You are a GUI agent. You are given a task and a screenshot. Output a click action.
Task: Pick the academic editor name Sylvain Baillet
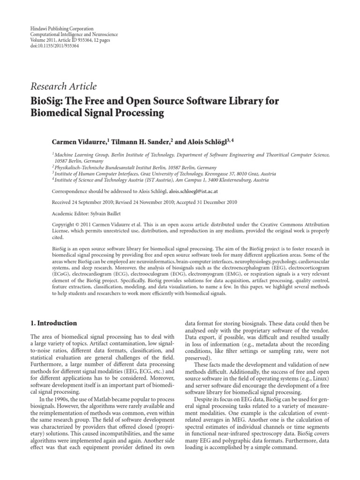click(103, 212)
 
